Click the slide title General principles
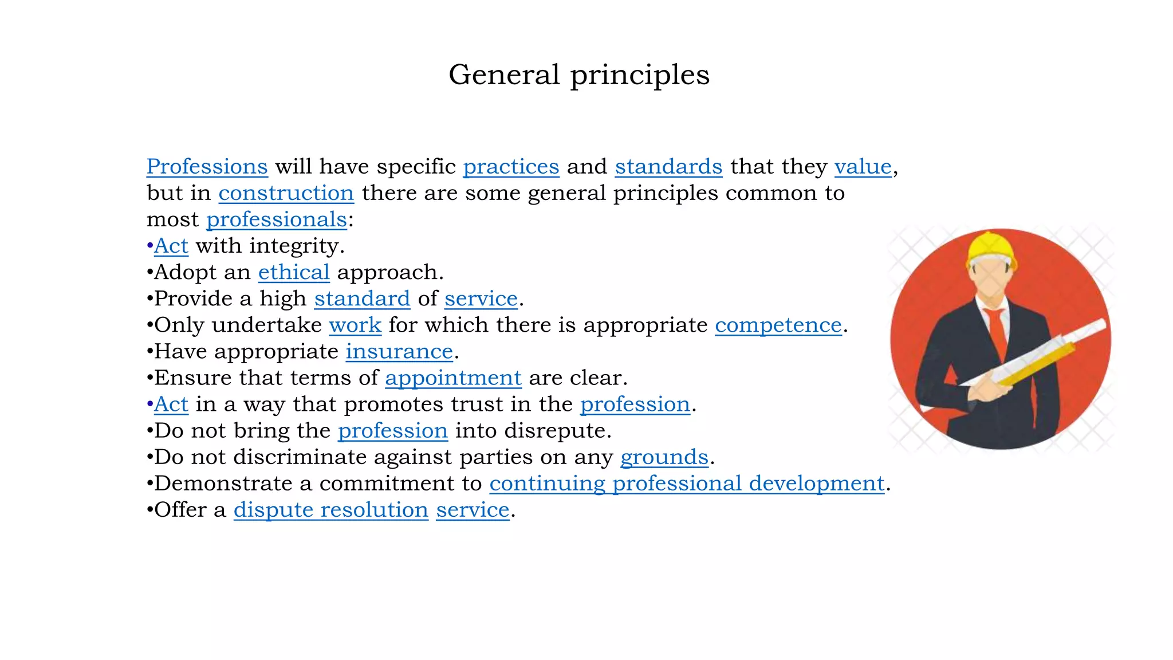578,74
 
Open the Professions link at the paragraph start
207,167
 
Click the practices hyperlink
511,167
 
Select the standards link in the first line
668,167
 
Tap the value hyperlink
863,167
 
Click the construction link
286,193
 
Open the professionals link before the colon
277,219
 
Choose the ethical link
294,272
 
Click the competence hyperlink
778,325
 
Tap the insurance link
399,351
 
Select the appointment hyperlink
453,378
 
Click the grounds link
664,457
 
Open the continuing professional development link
687,483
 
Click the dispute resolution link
330,509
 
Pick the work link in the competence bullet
355,325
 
